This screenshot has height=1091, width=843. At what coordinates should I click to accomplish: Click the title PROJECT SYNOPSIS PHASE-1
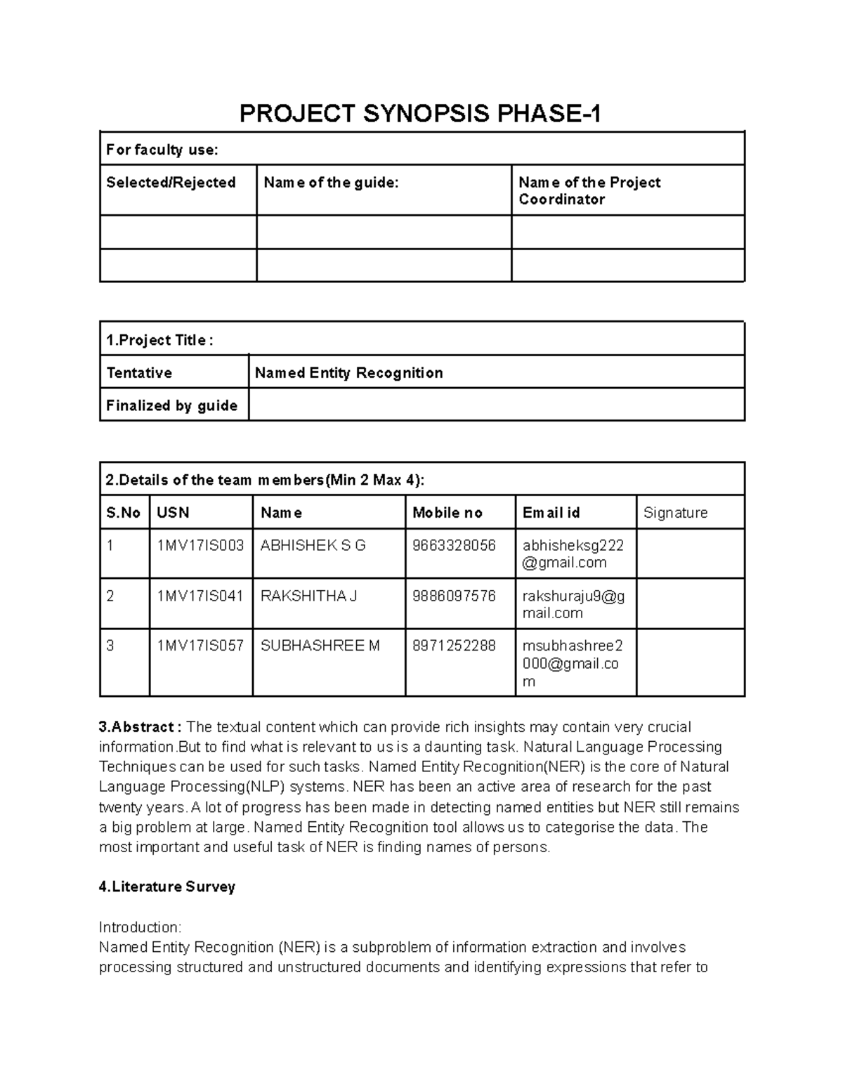point(420,113)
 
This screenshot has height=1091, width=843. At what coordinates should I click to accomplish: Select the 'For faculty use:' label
point(162,150)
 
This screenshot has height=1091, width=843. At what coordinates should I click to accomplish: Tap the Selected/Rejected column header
point(171,183)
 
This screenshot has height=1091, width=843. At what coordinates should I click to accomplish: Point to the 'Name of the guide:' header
point(331,183)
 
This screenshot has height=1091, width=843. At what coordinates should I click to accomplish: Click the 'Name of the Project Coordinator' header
point(589,190)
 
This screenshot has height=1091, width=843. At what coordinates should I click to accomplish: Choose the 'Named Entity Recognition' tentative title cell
point(348,373)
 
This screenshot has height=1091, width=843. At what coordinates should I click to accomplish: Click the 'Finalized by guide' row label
point(171,406)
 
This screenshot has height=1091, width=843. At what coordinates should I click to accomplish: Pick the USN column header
point(173,513)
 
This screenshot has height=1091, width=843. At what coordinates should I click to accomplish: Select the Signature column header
point(675,513)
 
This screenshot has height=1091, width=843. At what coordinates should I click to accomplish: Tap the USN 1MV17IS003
point(200,546)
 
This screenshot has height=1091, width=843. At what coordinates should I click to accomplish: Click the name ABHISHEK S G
point(313,546)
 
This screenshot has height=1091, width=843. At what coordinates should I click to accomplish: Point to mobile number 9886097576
point(454,596)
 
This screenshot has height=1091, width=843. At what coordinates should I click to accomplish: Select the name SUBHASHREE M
point(320,646)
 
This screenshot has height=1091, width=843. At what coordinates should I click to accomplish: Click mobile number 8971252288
point(454,646)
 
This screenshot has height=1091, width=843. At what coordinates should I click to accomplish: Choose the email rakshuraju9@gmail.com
point(573,604)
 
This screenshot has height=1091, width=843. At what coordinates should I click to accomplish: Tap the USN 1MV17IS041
point(200,596)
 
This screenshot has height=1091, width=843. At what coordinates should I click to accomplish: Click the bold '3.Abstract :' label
point(140,727)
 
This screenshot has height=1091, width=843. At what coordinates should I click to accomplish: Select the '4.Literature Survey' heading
point(167,887)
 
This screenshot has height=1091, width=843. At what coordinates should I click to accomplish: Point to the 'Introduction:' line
point(140,927)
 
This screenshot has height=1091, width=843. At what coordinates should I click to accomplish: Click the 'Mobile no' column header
point(447,513)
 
